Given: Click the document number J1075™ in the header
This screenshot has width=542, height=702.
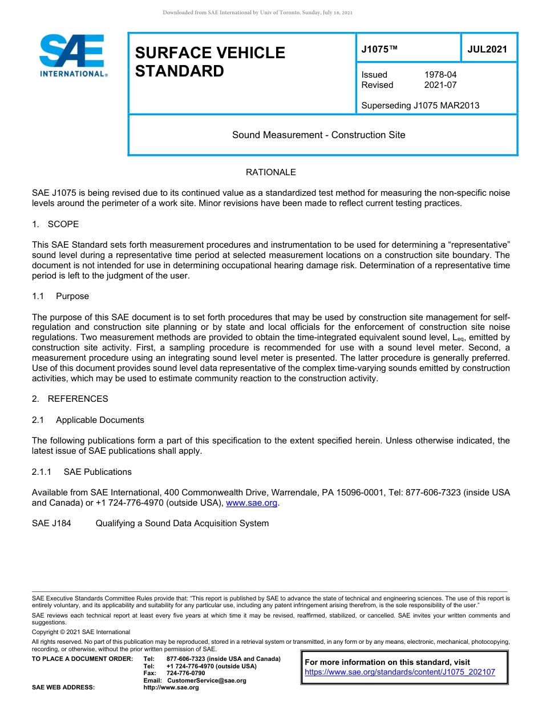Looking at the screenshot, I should pos(379,50).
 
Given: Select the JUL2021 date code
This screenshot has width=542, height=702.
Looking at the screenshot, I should pos(487,50).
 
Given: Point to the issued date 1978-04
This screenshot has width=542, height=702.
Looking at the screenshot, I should pos(440,75).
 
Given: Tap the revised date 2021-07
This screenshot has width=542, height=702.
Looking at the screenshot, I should pos(440,85).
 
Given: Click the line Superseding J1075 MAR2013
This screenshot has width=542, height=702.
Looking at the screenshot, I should pos(420,105).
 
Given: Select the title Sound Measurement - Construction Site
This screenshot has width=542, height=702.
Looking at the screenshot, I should pos(318,135).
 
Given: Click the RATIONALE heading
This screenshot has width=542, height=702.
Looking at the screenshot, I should pos(270,172).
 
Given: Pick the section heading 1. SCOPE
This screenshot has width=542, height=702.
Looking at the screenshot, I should pos(55,224).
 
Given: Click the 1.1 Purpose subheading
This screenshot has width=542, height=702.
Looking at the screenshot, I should pos(60,296).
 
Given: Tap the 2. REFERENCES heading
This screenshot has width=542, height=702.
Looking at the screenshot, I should pos(70,399).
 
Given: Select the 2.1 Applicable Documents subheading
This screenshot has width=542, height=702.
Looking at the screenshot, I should pos(88,420).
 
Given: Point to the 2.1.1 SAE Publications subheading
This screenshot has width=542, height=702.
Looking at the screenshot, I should pos(82,472).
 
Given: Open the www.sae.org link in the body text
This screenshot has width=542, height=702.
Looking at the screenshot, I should pos(252,503).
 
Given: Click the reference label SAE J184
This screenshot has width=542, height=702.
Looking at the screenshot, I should pos(51,523).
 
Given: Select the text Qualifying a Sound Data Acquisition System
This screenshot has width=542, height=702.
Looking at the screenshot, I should pos(182,523).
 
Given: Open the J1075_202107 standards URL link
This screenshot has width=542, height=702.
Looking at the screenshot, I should pos(400,672).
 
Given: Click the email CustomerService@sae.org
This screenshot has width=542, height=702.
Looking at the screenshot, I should pos(207,680).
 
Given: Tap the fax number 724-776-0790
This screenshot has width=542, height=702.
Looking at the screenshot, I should pos(185,673).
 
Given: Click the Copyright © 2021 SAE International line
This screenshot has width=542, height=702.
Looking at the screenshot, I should pos(81,632).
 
